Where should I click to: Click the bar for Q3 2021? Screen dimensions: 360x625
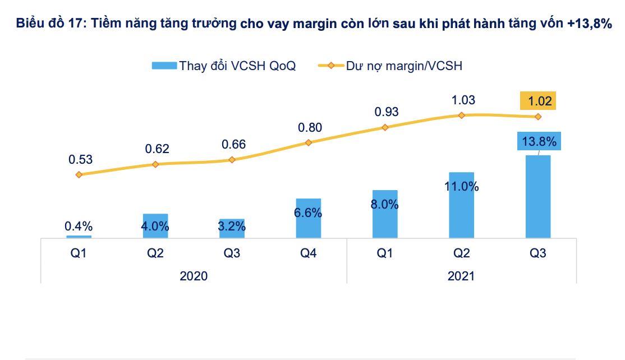(537, 196)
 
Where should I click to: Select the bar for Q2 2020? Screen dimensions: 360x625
(155, 226)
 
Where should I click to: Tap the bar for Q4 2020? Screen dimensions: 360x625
(308, 218)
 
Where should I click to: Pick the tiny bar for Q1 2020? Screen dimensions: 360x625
(79, 237)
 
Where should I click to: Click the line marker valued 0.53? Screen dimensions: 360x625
(79, 174)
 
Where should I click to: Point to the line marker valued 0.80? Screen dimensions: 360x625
(309, 142)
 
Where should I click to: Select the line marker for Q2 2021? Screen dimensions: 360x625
(461, 115)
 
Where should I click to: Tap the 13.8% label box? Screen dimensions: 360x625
(539, 142)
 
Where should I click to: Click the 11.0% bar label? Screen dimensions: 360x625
(461, 187)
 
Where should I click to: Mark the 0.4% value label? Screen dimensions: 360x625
(79, 227)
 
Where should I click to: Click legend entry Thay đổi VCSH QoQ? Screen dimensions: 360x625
(223, 66)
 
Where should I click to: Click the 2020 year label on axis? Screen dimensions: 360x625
(194, 276)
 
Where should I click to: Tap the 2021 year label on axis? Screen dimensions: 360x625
(461, 276)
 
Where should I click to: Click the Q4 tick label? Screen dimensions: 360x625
(308, 253)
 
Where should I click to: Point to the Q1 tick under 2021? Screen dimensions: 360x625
(385, 253)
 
